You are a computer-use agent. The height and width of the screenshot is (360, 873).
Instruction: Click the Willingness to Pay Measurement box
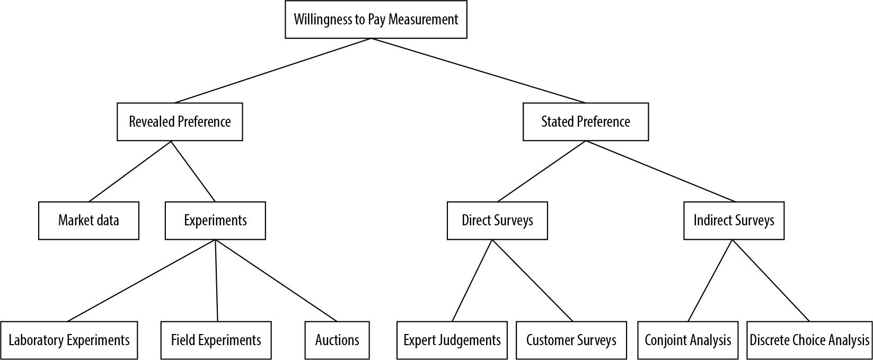click(376, 20)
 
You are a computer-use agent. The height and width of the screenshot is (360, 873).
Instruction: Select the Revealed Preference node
click(180, 122)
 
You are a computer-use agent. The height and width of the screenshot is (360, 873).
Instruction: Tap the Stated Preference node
click(585, 122)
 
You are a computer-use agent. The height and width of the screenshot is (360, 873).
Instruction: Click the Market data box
click(89, 221)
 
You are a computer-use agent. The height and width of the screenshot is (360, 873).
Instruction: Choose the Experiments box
click(215, 221)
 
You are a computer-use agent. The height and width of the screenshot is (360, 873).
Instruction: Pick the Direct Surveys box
click(497, 221)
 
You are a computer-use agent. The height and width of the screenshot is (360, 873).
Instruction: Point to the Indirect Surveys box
click(734, 221)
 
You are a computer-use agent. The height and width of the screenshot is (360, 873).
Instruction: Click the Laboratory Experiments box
click(69, 340)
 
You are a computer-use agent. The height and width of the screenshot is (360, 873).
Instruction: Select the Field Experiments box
click(216, 340)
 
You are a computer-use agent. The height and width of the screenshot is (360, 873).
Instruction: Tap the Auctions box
click(337, 340)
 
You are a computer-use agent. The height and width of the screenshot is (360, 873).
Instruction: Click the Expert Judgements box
click(452, 340)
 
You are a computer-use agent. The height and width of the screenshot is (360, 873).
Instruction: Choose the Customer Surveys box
click(571, 340)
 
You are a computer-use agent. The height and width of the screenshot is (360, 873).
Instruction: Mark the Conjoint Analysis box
click(687, 340)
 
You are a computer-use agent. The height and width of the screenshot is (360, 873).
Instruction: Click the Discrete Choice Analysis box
click(809, 340)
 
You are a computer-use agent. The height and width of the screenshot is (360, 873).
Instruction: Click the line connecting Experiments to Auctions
click(276, 280)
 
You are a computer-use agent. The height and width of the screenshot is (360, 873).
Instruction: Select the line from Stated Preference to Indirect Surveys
click(660, 171)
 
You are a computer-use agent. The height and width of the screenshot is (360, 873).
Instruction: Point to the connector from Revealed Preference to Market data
click(130, 171)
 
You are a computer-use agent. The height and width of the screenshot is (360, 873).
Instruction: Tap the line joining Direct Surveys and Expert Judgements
click(472, 280)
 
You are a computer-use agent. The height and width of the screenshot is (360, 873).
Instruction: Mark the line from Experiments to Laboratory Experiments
click(142, 280)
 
